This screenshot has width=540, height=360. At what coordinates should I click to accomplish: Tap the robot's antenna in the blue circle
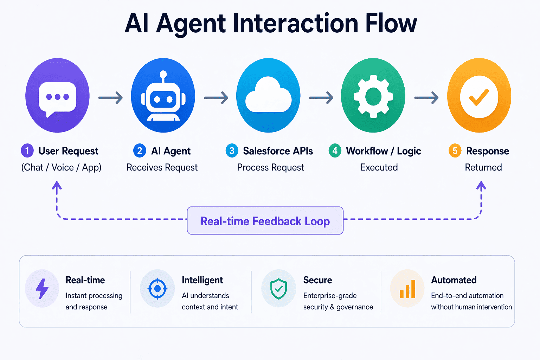click(x=163, y=75)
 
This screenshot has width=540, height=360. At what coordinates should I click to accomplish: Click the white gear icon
click(x=373, y=96)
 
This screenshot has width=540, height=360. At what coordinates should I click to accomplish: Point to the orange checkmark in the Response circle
click(x=479, y=97)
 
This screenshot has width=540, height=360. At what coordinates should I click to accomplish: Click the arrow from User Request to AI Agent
click(x=110, y=97)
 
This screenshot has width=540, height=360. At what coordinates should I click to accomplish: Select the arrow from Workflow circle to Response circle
click(x=426, y=97)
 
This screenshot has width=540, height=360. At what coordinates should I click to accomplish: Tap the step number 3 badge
click(x=232, y=151)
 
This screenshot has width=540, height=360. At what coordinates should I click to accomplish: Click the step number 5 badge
click(x=455, y=151)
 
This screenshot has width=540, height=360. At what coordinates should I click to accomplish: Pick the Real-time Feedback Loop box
click(x=265, y=221)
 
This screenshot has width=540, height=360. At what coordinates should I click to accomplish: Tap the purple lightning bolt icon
click(x=42, y=289)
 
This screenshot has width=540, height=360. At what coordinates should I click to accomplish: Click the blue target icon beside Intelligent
click(x=157, y=289)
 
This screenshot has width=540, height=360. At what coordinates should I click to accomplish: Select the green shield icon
click(x=278, y=289)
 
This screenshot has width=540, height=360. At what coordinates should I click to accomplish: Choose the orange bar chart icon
click(x=407, y=289)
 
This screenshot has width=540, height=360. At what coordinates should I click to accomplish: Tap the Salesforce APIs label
click(x=278, y=151)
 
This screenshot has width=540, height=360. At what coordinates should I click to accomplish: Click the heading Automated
click(x=454, y=280)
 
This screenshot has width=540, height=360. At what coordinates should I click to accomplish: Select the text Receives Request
click(x=162, y=167)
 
